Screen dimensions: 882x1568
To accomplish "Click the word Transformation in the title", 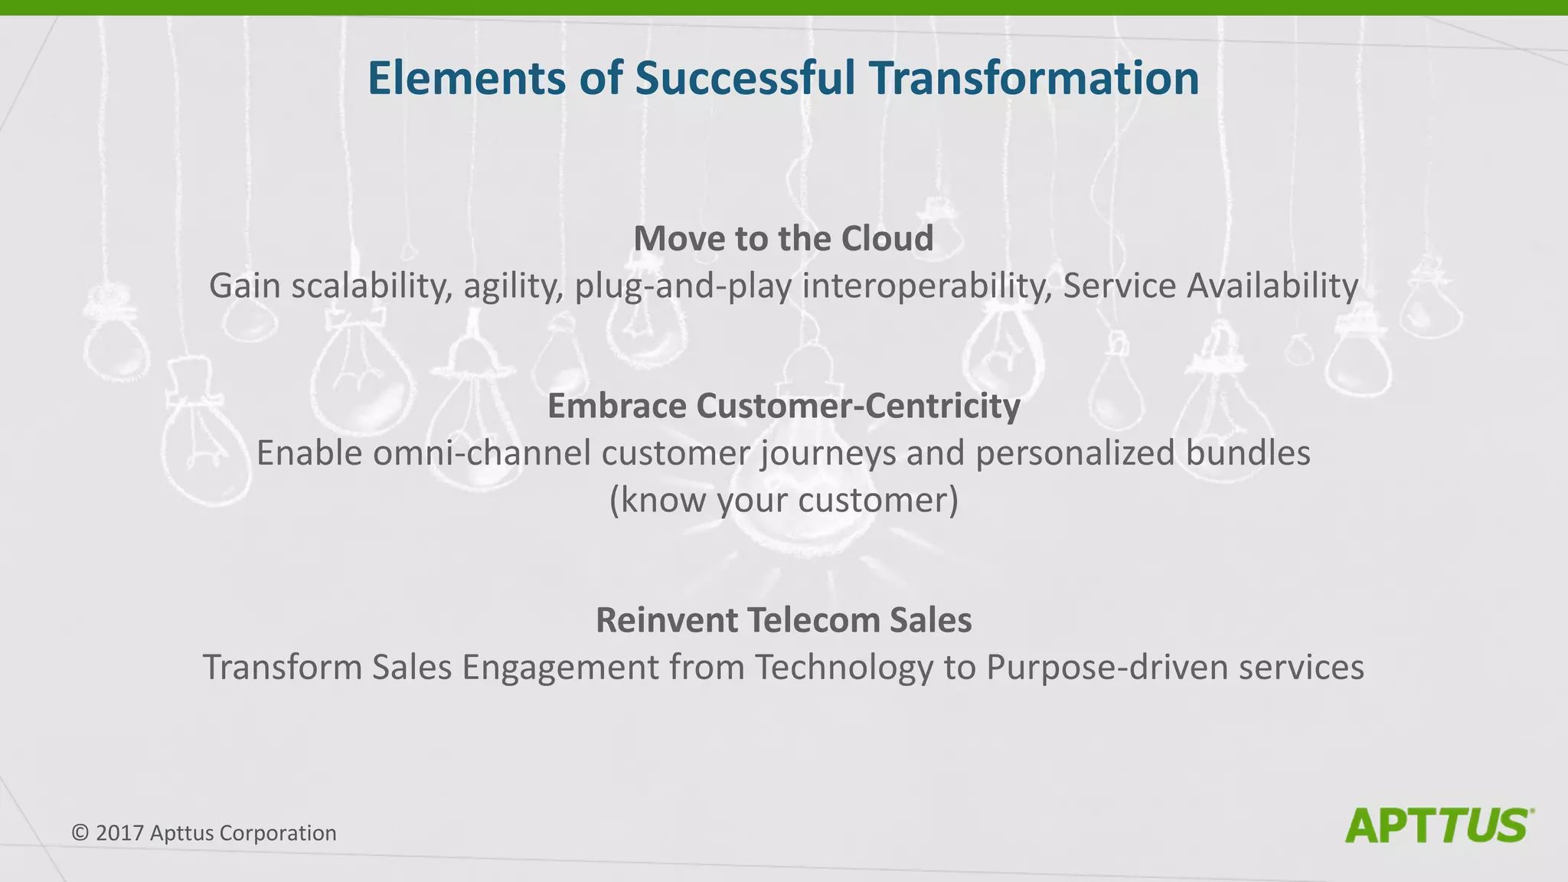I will click(x=1034, y=78).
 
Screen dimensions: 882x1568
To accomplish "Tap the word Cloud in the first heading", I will click(x=887, y=238).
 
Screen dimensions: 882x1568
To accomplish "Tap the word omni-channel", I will click(x=482, y=453).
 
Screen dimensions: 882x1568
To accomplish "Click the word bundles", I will click(x=1248, y=453).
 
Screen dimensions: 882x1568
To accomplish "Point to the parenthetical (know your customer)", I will click(x=783, y=501).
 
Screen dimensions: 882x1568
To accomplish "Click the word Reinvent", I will click(x=667, y=620).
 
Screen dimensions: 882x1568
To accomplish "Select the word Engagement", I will click(x=560, y=668).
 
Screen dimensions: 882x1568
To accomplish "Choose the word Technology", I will click(x=844, y=668).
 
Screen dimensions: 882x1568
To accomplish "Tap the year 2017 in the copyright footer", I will click(x=120, y=833).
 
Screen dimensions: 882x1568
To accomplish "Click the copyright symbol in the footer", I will click(x=80, y=833).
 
